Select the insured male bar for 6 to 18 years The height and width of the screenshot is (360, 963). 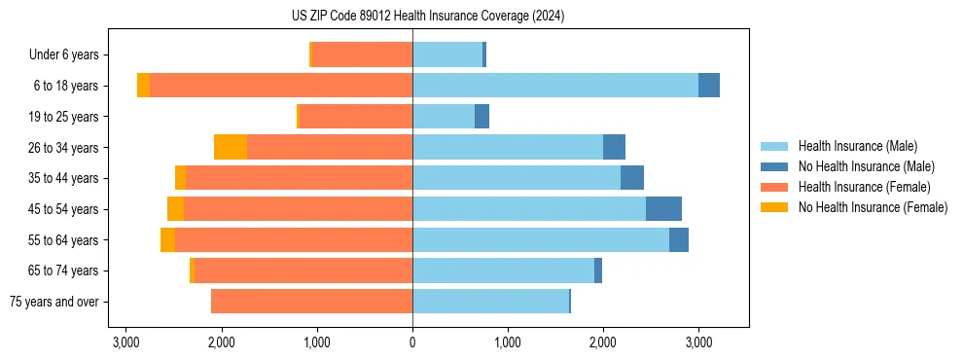pos(554,86)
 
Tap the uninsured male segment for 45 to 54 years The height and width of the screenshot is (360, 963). pos(663,209)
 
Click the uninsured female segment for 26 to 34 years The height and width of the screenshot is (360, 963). pos(231,147)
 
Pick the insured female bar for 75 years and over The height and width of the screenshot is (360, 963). pos(311,302)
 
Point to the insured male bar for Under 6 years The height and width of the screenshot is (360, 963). pos(447,54)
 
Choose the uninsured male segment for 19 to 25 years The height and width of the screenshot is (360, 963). pos(481,117)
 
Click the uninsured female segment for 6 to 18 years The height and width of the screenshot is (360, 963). pos(143,86)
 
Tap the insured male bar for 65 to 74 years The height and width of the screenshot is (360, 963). pos(503,270)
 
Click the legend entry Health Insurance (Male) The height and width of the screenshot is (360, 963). pos(857,146)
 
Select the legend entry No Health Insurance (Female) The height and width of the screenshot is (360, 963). pos(873,207)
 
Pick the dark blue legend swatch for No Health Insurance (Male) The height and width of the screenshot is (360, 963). pos(775,166)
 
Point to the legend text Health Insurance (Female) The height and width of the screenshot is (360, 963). pos(865,187)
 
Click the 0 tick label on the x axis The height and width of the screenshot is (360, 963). pos(412,342)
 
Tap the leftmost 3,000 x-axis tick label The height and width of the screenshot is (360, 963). pos(125,342)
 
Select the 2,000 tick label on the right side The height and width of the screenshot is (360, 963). pos(603,342)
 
